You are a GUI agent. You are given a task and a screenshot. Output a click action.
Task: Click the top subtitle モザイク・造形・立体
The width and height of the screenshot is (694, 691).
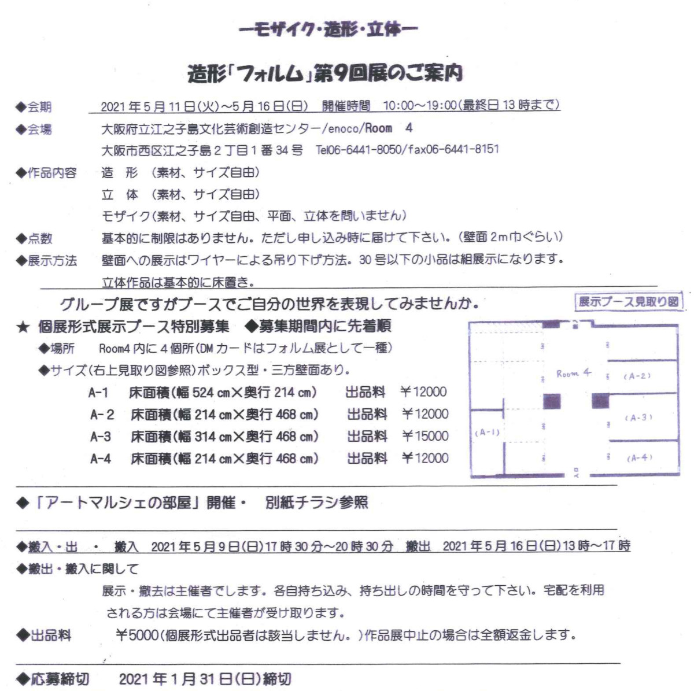[328, 29]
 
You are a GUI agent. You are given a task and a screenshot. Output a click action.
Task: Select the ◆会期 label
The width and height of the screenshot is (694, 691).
[34, 107]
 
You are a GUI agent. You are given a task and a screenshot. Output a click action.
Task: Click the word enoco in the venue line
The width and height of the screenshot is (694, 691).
[343, 128]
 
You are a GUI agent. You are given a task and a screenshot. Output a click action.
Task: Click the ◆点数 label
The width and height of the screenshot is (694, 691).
[34, 238]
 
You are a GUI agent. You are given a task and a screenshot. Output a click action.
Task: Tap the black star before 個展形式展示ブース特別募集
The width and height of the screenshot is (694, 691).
[23, 327]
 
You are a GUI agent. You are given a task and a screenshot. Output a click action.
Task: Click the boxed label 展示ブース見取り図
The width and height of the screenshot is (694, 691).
[628, 302]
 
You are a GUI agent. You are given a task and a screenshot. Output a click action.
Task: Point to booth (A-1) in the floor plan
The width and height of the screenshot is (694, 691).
[486, 433]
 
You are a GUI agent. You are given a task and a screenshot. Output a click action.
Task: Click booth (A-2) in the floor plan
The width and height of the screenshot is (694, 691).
[637, 376]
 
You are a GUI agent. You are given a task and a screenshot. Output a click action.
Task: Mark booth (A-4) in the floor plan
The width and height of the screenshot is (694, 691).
[639, 458]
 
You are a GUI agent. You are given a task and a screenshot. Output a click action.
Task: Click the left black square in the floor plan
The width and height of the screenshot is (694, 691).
[552, 401]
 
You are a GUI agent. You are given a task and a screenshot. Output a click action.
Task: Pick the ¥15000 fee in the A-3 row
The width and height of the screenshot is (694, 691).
[425, 436]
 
